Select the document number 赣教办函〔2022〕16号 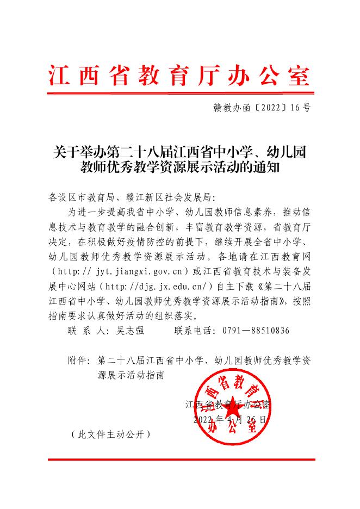[x=262, y=108]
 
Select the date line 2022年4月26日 [x=231, y=420]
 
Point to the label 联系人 [x=83, y=331]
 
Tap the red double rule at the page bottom [x=180, y=460]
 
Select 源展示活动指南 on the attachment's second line [x=129, y=375]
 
